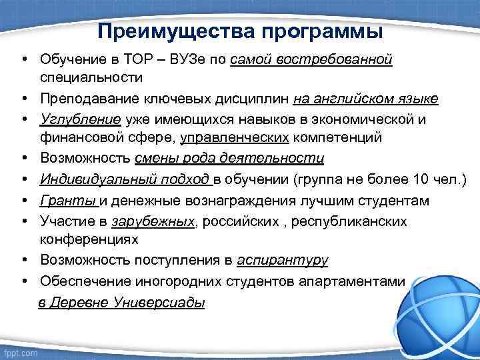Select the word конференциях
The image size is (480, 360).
coord(89,238)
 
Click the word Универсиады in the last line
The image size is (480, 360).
coord(161,302)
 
